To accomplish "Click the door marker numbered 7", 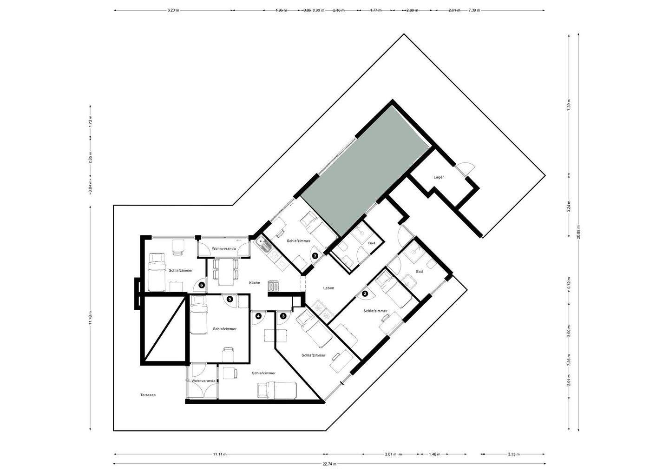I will (x=315, y=255).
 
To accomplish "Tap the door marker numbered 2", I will (x=365, y=294).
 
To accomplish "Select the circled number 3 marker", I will (x=283, y=316).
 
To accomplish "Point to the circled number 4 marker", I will (x=258, y=316).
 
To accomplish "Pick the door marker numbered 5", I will (x=230, y=299).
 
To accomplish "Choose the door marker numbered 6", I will (x=201, y=285).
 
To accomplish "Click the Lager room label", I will (x=438, y=177).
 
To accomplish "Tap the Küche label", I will (x=254, y=283).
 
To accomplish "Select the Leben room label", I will (x=328, y=288).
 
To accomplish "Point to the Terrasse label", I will (x=148, y=395).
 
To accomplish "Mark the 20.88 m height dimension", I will (x=578, y=230).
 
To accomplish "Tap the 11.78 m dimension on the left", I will (x=91, y=319).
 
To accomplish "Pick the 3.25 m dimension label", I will (x=513, y=454).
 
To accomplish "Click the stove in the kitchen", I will (x=273, y=287).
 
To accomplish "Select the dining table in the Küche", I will (x=226, y=271).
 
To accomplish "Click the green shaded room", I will (x=365, y=172).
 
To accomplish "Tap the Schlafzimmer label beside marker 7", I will (x=298, y=241).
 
